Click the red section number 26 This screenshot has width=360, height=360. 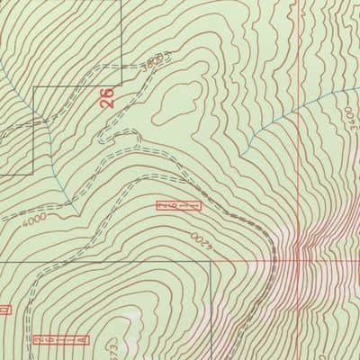coord(109,97)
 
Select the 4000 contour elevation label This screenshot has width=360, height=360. coord(36,219)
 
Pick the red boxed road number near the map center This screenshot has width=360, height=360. coord(178,206)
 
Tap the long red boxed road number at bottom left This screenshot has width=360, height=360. coord(61,340)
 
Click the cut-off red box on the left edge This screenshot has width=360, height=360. coord(3,310)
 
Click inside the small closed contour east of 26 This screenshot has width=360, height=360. coord(175,105)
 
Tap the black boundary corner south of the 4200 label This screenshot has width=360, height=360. coord(209,263)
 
